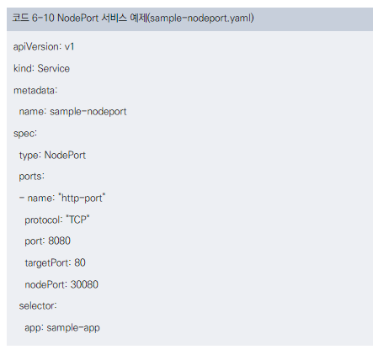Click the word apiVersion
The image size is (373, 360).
click(x=36, y=46)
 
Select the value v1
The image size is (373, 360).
click(x=69, y=46)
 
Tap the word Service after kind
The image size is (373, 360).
click(x=54, y=68)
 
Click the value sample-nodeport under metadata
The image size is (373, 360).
click(x=88, y=112)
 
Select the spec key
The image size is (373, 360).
click(x=24, y=134)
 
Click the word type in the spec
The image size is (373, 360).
click(x=29, y=156)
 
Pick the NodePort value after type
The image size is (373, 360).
click(x=65, y=155)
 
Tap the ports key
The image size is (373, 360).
click(x=30, y=177)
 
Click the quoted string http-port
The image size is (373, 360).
click(x=82, y=199)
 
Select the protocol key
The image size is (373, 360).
click(x=42, y=220)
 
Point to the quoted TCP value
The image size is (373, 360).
click(x=77, y=220)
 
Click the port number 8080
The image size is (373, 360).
click(x=59, y=241)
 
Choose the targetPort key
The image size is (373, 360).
click(x=46, y=263)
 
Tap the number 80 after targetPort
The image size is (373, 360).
click(x=80, y=262)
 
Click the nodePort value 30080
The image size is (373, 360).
click(x=84, y=284)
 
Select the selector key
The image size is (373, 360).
click(x=36, y=306)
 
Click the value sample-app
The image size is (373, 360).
click(x=73, y=328)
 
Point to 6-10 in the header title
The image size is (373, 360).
click(x=43, y=19)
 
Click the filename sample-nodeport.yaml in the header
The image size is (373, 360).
click(x=200, y=19)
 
